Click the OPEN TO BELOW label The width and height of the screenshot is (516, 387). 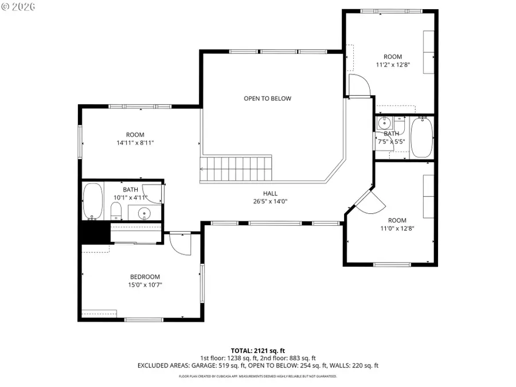[267, 99]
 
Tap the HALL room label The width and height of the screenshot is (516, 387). [270, 193]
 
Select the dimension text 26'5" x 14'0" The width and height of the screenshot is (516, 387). [270, 201]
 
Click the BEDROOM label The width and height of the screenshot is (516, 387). [144, 276]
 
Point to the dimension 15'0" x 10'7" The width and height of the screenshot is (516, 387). [144, 284]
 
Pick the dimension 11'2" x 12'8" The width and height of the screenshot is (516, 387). [393, 65]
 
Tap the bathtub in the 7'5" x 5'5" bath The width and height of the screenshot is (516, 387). [422, 137]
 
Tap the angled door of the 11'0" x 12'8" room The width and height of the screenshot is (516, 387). [367, 201]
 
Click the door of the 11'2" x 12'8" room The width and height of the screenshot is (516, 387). [359, 87]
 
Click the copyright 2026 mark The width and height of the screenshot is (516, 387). [18, 7]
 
